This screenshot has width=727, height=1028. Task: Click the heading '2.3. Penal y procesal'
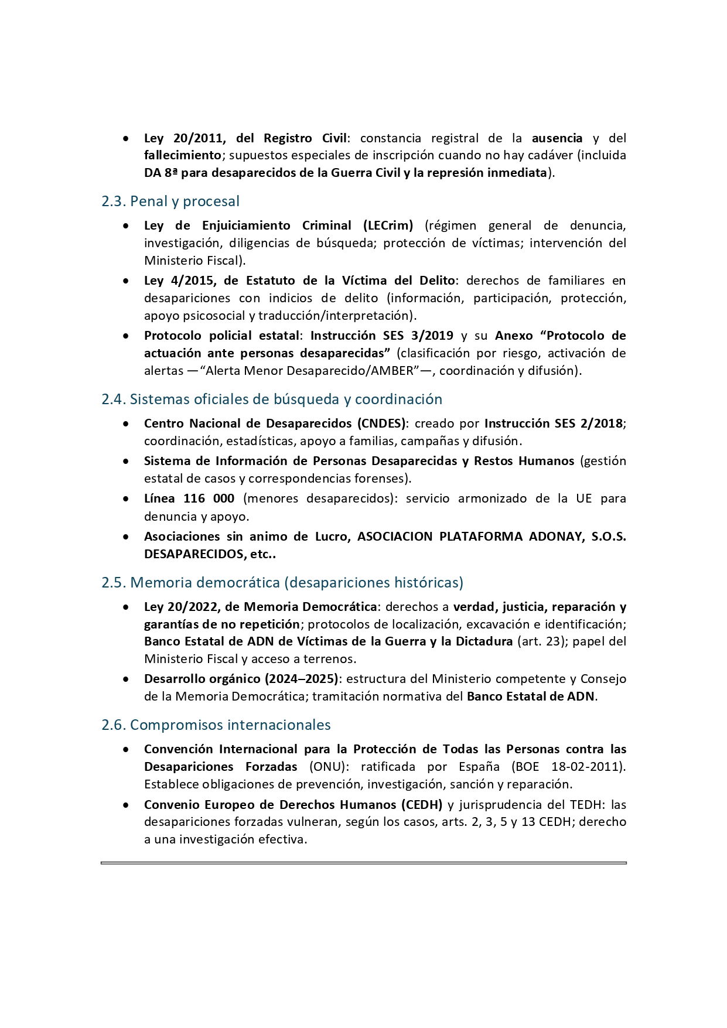pos(170,201)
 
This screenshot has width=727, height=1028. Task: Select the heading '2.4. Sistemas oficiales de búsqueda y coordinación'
pos(272,399)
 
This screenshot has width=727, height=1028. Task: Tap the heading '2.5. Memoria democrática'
pos(282,583)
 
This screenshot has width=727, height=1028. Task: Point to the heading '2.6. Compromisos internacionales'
pos(216,725)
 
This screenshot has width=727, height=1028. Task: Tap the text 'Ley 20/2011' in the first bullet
pos(183,138)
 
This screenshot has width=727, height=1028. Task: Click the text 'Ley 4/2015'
pos(179,281)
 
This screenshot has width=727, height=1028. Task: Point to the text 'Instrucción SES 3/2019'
pos(381,336)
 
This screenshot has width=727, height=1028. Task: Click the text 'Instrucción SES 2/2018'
pos(554,424)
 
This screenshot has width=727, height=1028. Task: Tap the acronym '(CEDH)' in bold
pos(421,805)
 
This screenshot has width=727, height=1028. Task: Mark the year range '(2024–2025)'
pos(301,679)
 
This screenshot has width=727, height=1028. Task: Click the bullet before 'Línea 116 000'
pos(126,499)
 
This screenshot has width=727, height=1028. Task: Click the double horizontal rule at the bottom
pos(363,863)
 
